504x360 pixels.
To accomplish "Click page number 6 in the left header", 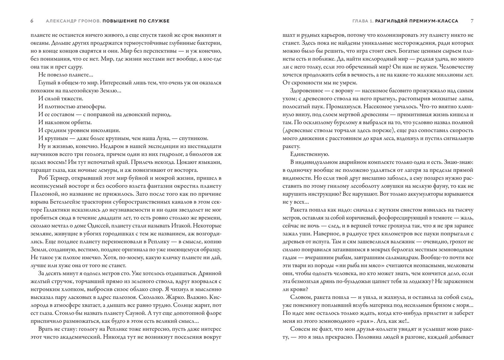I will [32, 21].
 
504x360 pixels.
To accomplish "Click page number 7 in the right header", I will [472, 21].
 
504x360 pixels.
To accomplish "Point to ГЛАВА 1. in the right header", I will [363, 21].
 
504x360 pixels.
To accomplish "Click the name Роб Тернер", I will [53, 178].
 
